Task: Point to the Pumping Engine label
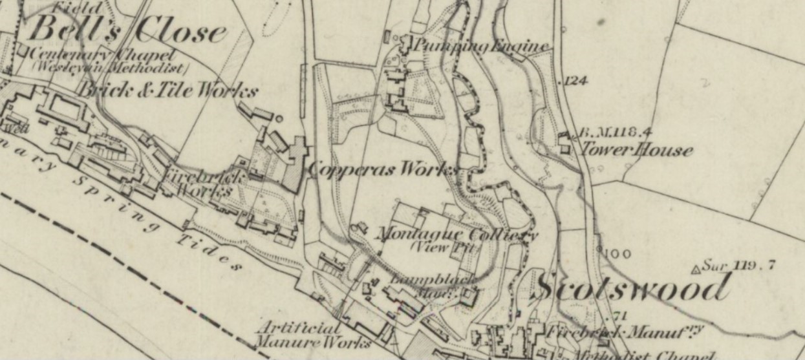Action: (x=482, y=46)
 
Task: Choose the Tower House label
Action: (x=636, y=151)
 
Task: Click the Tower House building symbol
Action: (x=564, y=143)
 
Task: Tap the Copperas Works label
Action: (x=383, y=169)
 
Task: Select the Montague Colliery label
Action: (x=456, y=234)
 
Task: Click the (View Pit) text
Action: (x=444, y=248)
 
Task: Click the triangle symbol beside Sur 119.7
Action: (x=696, y=268)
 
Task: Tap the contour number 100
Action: (x=618, y=254)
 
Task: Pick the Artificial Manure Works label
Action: (x=312, y=334)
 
